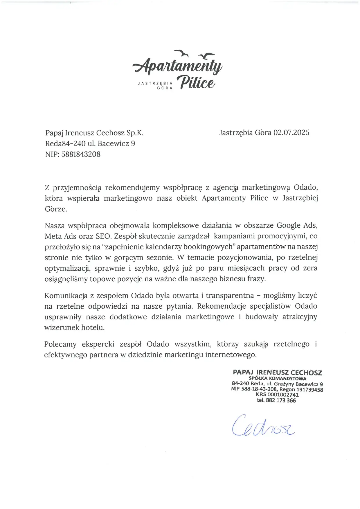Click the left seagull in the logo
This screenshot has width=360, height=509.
(x=182, y=53)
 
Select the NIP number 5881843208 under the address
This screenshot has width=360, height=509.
(x=81, y=154)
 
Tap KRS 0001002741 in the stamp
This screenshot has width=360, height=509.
(x=277, y=395)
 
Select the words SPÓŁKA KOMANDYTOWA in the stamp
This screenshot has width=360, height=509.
(x=277, y=379)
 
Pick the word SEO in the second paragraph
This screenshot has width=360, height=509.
(x=103, y=236)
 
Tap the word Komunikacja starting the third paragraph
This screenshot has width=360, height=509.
(x=66, y=296)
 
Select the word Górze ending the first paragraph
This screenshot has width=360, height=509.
(x=56, y=209)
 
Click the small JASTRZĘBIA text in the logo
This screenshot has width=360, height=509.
(x=155, y=83)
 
